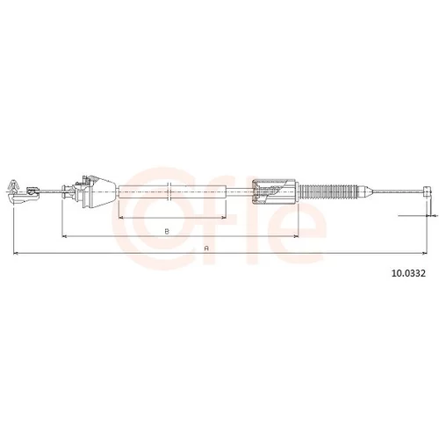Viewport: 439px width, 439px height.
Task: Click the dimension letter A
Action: click(206, 248)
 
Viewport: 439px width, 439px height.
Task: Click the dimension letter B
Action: click(167, 231)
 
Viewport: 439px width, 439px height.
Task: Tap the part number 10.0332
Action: click(408, 273)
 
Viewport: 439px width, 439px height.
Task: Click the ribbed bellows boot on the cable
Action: click(328, 191)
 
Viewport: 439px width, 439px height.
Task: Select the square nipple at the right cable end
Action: click(427, 191)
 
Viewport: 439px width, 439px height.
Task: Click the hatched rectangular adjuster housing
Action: click(275, 191)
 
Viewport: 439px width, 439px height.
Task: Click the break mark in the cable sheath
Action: click(169, 191)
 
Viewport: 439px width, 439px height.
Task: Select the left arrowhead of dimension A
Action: click(16, 253)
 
